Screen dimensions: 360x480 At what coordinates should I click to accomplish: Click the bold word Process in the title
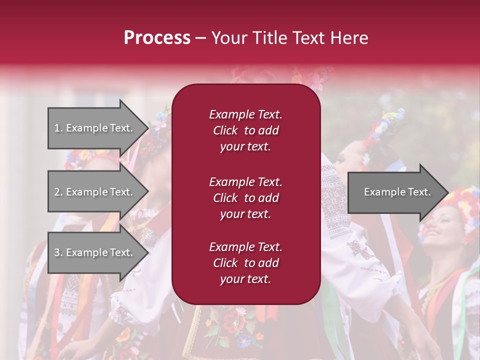tap(157, 38)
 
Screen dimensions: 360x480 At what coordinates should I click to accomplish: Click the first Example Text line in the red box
tap(245, 114)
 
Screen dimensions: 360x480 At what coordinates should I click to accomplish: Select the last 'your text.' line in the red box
tap(245, 279)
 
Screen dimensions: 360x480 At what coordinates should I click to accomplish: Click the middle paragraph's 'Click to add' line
tap(245, 198)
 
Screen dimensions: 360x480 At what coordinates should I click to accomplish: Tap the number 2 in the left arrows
tap(57, 192)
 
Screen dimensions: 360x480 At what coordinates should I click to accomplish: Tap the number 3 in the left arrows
tap(57, 252)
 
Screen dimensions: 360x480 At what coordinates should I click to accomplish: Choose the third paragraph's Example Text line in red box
tap(245, 247)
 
